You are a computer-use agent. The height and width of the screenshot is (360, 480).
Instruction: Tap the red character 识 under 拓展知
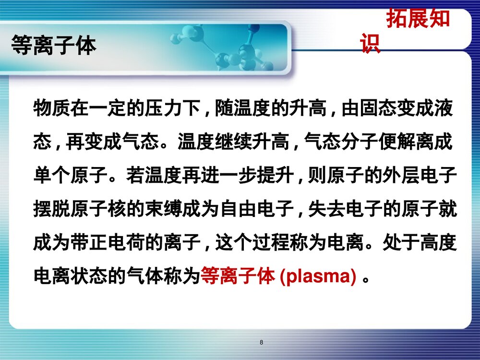click(x=371, y=44)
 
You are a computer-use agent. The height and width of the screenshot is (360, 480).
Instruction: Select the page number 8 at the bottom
click(x=261, y=342)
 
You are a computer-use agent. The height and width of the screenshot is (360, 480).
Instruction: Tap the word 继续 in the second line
click(x=243, y=143)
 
